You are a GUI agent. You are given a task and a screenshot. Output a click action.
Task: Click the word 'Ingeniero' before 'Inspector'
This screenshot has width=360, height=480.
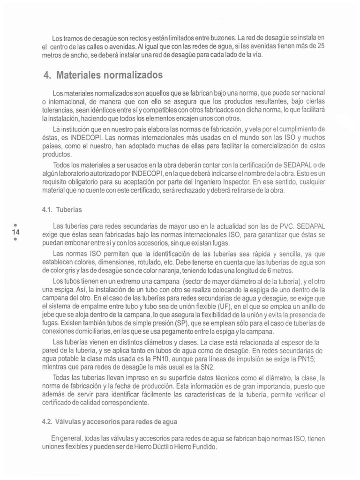209,182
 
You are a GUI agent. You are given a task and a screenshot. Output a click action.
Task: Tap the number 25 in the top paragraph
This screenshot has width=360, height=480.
321,45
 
